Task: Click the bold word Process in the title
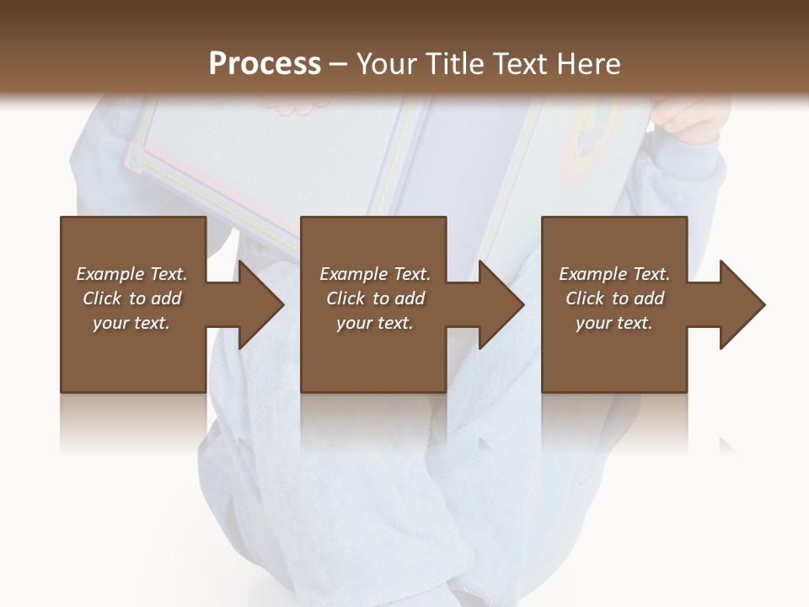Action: [x=265, y=64]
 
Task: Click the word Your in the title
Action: [x=388, y=64]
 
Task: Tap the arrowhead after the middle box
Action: [x=501, y=304]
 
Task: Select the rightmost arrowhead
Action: [x=742, y=304]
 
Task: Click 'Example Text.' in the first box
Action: [x=131, y=274]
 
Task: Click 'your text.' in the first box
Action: [x=131, y=323]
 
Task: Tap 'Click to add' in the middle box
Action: [x=375, y=298]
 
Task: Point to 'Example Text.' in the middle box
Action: [x=375, y=274]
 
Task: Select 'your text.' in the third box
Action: [x=614, y=323]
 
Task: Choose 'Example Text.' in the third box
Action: [x=614, y=274]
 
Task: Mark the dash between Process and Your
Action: [x=339, y=65]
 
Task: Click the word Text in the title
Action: [x=517, y=64]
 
